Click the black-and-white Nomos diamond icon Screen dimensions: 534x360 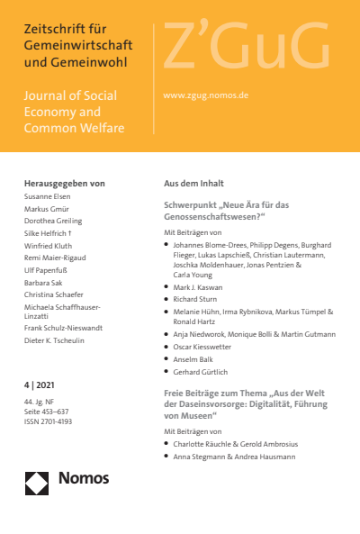37,483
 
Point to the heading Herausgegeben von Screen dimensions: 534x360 64,183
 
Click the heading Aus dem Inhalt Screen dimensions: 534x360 193,183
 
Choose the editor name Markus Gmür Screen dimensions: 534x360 47,209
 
